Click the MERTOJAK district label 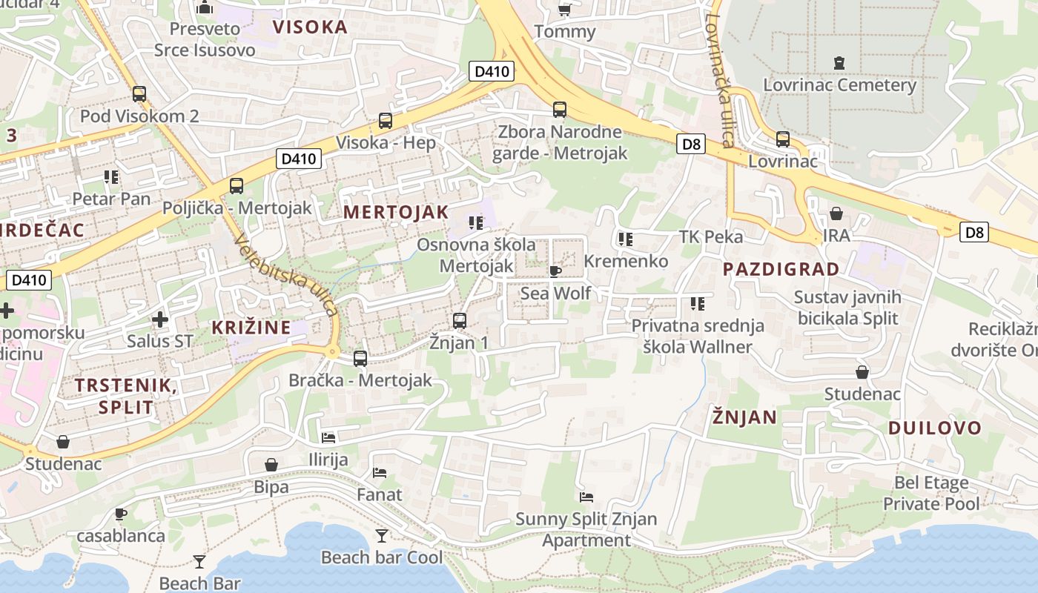396,212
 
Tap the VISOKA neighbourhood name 310,27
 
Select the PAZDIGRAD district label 781,269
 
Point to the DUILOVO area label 934,428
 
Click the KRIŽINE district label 251,327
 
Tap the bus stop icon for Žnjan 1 460,321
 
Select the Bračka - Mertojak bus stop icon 360,359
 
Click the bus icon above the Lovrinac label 783,139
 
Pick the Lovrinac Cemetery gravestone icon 839,63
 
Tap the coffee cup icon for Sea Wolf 555,272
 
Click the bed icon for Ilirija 328,438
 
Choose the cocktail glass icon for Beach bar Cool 382,535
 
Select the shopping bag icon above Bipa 271,465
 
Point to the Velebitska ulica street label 285,274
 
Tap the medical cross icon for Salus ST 159,319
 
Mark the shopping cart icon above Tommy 564,10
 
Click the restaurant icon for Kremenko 626,239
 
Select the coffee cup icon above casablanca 121,514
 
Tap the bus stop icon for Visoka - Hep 386,121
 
